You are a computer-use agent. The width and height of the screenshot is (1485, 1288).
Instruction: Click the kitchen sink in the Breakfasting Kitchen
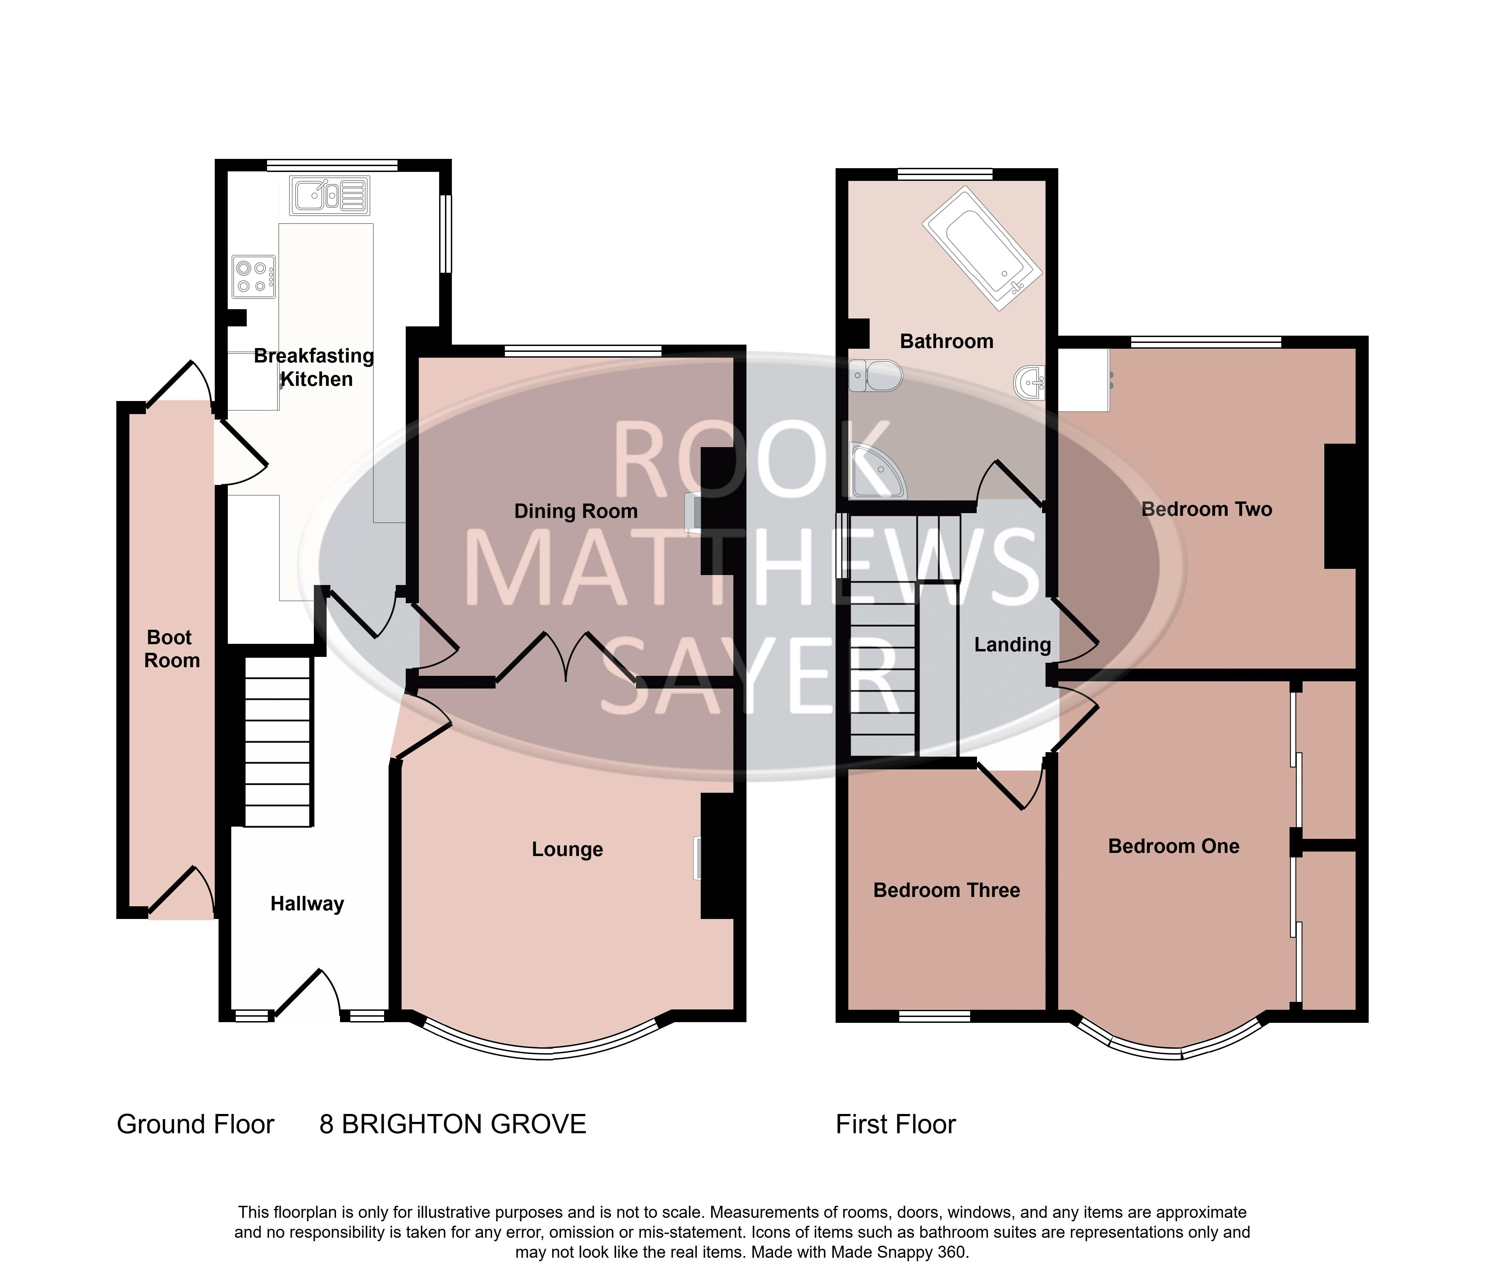click(329, 195)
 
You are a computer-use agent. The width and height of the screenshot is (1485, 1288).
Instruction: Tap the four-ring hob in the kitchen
click(253, 277)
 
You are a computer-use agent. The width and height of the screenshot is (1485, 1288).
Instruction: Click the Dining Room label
click(576, 511)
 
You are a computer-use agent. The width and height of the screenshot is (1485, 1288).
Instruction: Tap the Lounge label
click(568, 849)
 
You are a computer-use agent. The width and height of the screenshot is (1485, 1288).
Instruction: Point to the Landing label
click(1012, 645)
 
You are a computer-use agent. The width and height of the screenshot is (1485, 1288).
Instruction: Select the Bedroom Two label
click(1207, 509)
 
